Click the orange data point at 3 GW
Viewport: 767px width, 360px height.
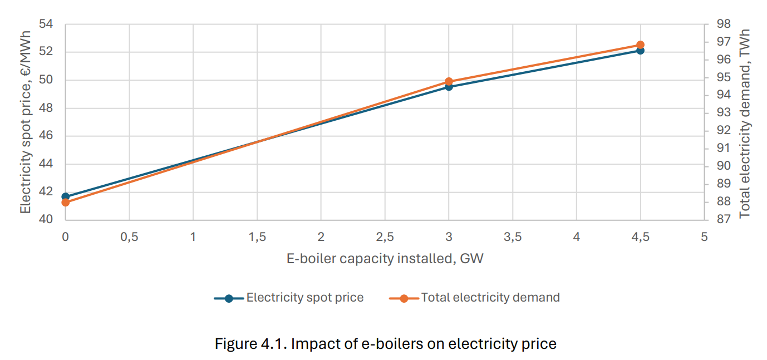click(x=449, y=82)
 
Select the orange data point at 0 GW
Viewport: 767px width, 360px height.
click(x=66, y=202)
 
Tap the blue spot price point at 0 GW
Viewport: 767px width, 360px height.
click(x=66, y=196)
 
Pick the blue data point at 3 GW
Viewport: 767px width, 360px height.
click(x=449, y=87)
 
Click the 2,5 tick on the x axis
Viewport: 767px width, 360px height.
click(x=385, y=237)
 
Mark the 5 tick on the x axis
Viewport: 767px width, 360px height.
click(x=704, y=237)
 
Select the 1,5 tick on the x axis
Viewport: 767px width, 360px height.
click(x=257, y=237)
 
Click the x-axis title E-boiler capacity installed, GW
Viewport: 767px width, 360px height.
click(x=385, y=259)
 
